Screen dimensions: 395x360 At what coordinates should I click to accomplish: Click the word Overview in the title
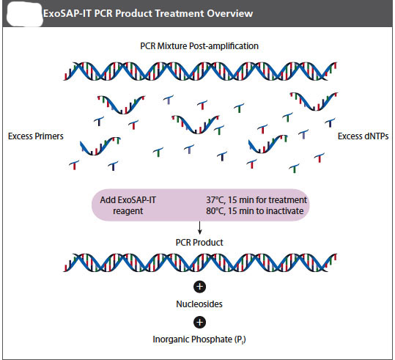tap(230, 13)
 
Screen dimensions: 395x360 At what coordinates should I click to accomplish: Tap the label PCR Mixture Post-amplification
tap(199, 46)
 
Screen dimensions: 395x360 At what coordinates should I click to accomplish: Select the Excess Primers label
tap(36, 136)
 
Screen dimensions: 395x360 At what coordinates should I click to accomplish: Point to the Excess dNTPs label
tap(363, 136)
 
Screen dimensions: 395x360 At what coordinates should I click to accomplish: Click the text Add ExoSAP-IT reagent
tap(128, 205)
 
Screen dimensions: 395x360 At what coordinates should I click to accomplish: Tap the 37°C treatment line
tap(256, 200)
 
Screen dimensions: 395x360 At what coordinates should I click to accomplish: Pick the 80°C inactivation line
tap(255, 210)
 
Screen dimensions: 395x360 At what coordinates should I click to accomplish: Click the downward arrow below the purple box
tap(199, 228)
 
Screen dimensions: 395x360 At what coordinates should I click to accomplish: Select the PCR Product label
tap(199, 243)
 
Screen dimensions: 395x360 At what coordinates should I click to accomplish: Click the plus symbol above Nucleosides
tap(199, 287)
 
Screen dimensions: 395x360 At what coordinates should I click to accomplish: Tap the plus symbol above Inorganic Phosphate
tap(199, 322)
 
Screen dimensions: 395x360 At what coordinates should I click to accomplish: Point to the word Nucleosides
tap(199, 304)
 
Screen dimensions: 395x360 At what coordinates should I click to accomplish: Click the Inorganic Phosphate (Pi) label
tap(199, 339)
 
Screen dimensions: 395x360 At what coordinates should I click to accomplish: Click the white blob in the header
tap(25, 15)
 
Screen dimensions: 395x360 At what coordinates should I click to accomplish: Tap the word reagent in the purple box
tap(128, 211)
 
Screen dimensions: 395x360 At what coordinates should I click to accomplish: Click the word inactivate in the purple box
tap(284, 210)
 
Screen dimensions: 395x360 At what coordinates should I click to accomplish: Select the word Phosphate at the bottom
tap(212, 339)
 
